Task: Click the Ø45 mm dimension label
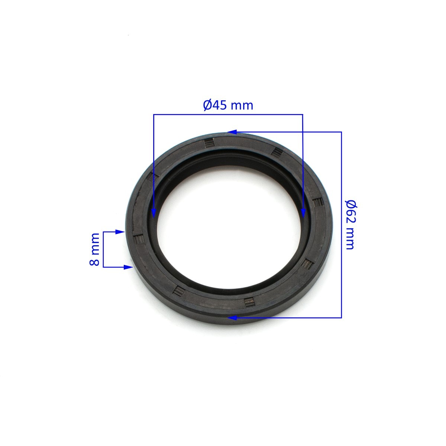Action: pyautogui.click(x=228, y=106)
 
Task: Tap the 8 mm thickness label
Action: pyautogui.click(x=94, y=249)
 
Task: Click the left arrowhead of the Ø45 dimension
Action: pyautogui.click(x=153, y=213)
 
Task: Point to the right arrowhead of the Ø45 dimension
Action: pyautogui.click(x=303, y=213)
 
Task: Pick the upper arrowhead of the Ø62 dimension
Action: pyautogui.click(x=232, y=132)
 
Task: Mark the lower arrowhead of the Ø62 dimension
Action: pyautogui.click(x=232, y=317)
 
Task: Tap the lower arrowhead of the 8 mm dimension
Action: pyautogui.click(x=128, y=267)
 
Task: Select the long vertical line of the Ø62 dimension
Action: pyautogui.click(x=342, y=225)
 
